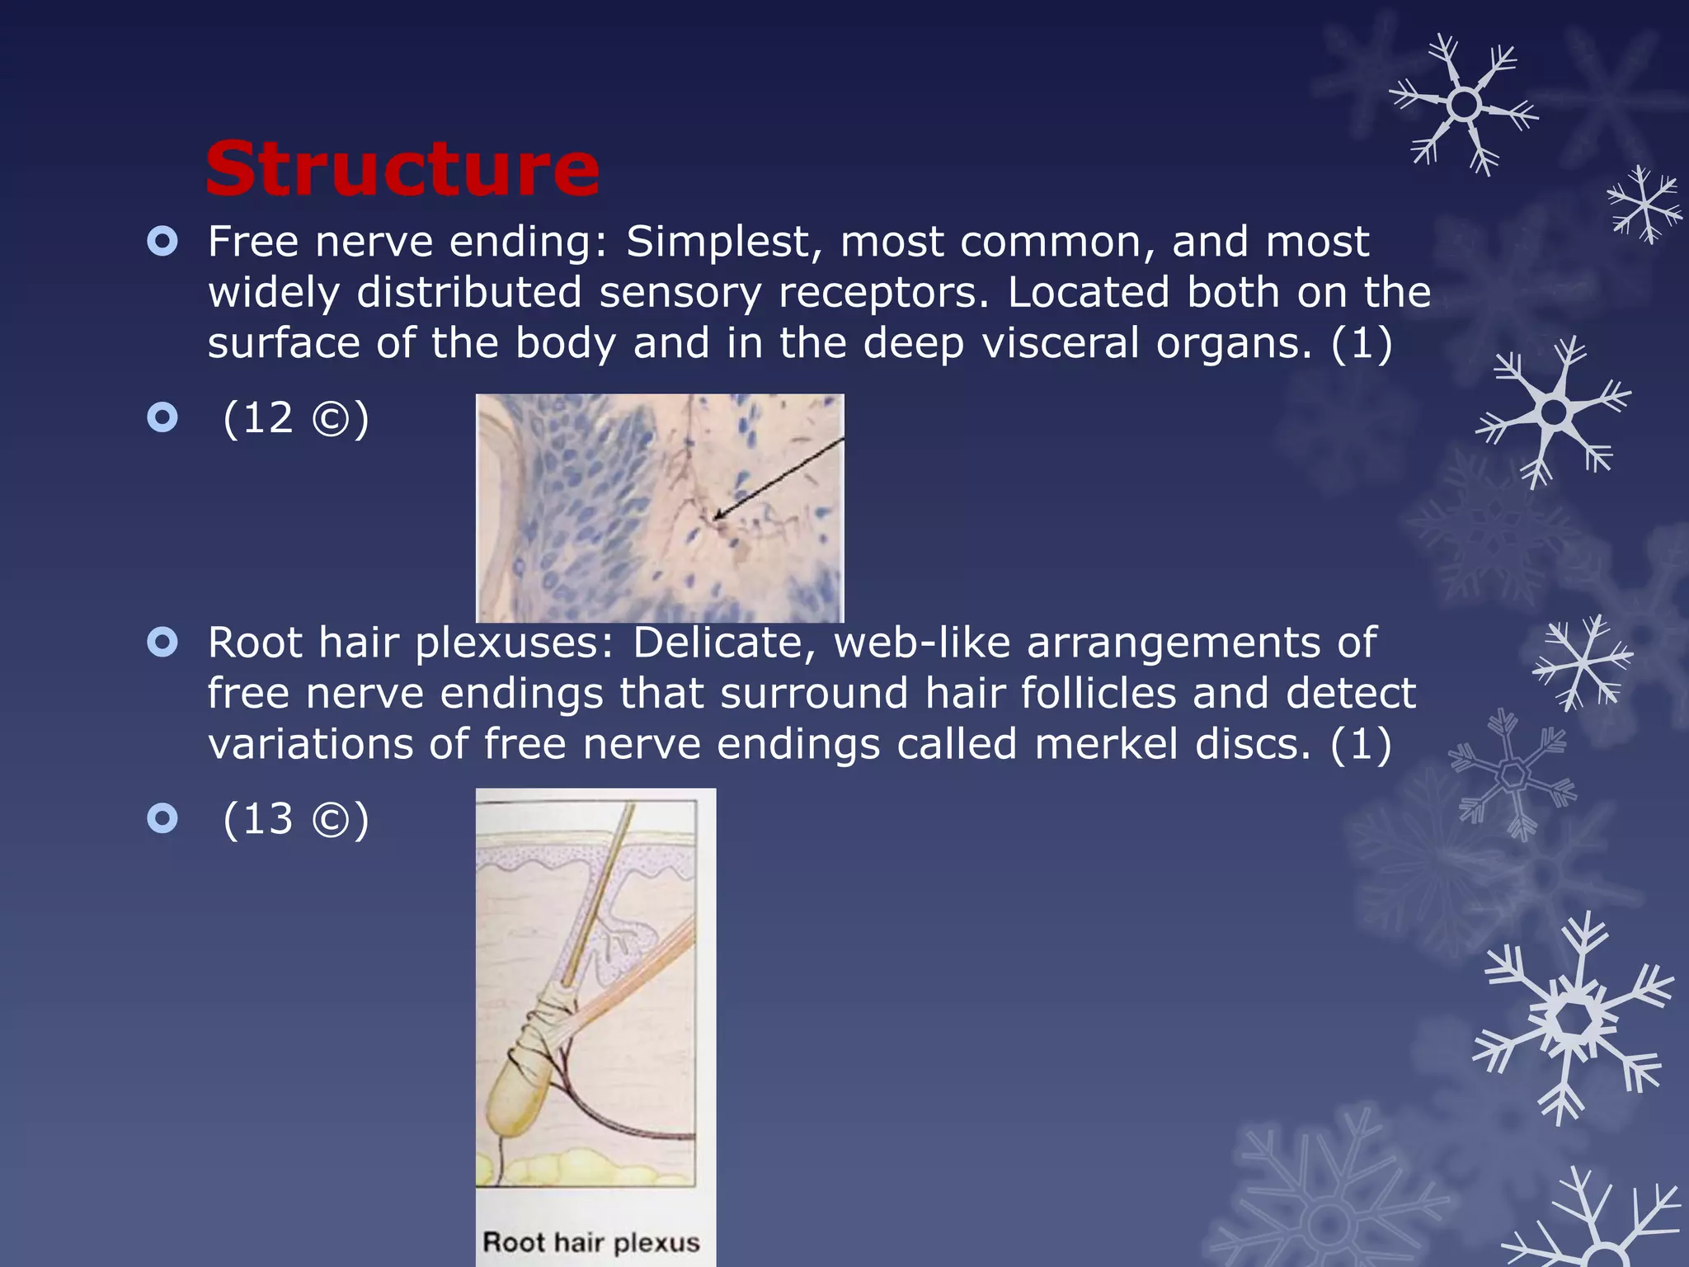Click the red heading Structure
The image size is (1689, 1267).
pos(402,169)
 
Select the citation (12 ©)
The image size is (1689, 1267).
pos(296,418)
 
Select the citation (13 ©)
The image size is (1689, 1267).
pos(296,819)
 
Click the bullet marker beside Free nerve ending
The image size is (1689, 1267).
pos(162,242)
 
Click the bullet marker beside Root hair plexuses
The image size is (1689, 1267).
pos(162,643)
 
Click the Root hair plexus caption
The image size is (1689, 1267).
pos(590,1242)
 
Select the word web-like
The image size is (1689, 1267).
pos(921,643)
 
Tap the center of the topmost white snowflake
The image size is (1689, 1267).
pos(1464,105)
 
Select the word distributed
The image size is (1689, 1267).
pos(468,293)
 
